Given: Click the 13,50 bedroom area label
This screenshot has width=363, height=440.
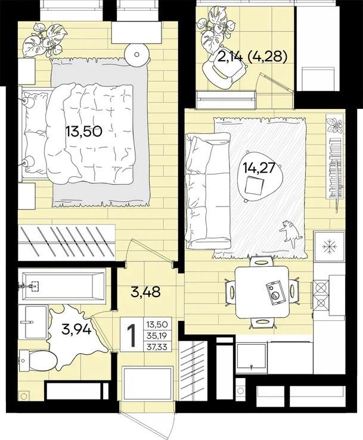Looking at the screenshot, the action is (x=83, y=131).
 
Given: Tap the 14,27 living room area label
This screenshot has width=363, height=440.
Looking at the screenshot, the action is (x=259, y=168).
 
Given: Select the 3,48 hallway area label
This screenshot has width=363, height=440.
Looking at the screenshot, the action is (x=146, y=292).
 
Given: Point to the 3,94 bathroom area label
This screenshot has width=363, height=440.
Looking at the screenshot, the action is (x=76, y=329).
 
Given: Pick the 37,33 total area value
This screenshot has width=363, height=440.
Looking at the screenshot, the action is (x=157, y=347).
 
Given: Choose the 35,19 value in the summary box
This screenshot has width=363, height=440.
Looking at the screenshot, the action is (x=157, y=336).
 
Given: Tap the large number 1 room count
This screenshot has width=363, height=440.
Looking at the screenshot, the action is (x=131, y=335).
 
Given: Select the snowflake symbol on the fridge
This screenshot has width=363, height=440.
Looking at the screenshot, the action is (x=329, y=246).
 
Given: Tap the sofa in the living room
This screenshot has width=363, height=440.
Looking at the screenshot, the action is (x=208, y=191).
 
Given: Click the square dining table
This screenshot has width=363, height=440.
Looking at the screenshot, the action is (x=262, y=292).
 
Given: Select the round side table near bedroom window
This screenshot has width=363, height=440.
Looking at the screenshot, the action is (x=137, y=54).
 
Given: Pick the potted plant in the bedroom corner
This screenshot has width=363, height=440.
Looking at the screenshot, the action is (x=45, y=40).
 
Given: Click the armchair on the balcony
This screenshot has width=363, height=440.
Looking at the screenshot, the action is (x=224, y=73).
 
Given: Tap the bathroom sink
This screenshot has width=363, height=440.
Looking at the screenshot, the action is (x=36, y=322).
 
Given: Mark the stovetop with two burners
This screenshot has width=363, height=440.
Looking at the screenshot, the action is (x=321, y=295).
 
